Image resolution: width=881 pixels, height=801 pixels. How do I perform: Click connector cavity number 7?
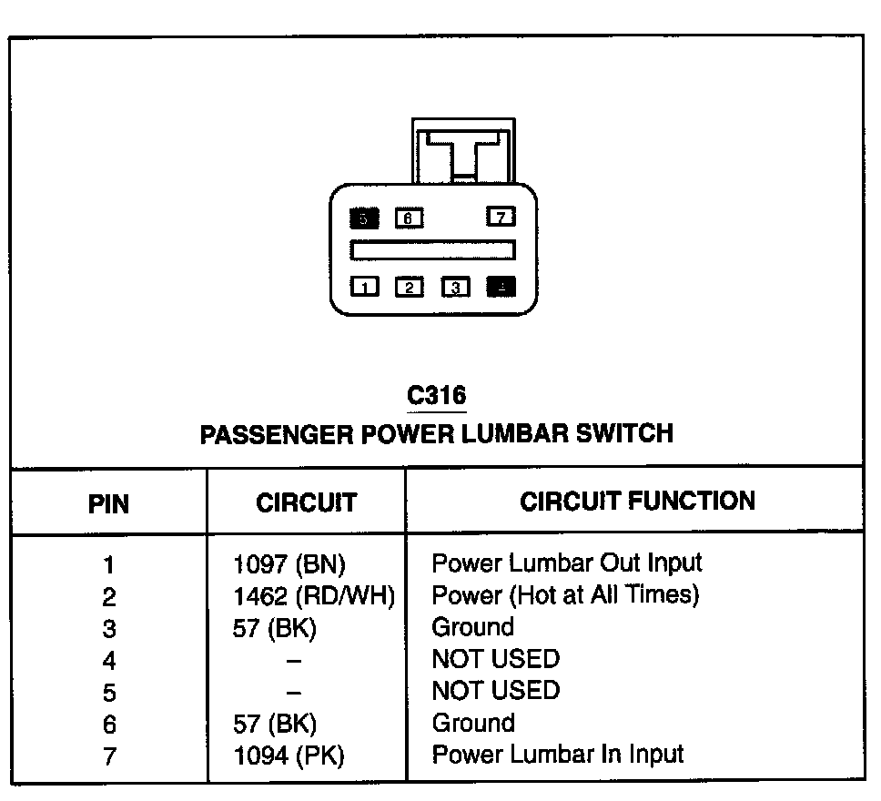(x=501, y=217)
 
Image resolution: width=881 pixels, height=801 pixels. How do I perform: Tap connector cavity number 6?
(x=409, y=218)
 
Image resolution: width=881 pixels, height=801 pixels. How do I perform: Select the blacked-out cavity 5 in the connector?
(x=364, y=218)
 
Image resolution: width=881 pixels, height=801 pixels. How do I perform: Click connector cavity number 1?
(x=365, y=288)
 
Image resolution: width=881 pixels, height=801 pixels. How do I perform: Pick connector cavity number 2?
(x=410, y=288)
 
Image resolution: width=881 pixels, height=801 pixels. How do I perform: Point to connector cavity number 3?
(x=455, y=288)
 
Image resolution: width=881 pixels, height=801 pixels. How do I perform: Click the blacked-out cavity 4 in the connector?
(x=501, y=288)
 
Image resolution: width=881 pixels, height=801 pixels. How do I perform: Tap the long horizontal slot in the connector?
(x=433, y=249)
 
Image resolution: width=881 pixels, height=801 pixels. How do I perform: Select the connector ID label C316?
(x=437, y=396)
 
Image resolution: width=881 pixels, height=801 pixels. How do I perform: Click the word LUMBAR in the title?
(x=514, y=432)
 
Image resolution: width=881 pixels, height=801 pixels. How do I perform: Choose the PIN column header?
(x=108, y=503)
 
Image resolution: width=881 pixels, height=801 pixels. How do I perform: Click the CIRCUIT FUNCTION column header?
(x=637, y=501)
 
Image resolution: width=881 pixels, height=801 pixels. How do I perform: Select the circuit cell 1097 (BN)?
(x=289, y=563)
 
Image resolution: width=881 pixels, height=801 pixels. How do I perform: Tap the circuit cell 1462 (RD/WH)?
(x=313, y=596)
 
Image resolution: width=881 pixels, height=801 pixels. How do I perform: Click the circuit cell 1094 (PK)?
(x=289, y=755)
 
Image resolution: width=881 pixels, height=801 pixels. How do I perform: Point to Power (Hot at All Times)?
(x=565, y=595)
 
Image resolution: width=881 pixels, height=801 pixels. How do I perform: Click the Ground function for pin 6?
(x=472, y=724)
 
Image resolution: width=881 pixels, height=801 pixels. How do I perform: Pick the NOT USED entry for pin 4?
(x=495, y=658)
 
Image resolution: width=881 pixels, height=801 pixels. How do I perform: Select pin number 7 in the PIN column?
(x=109, y=756)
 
